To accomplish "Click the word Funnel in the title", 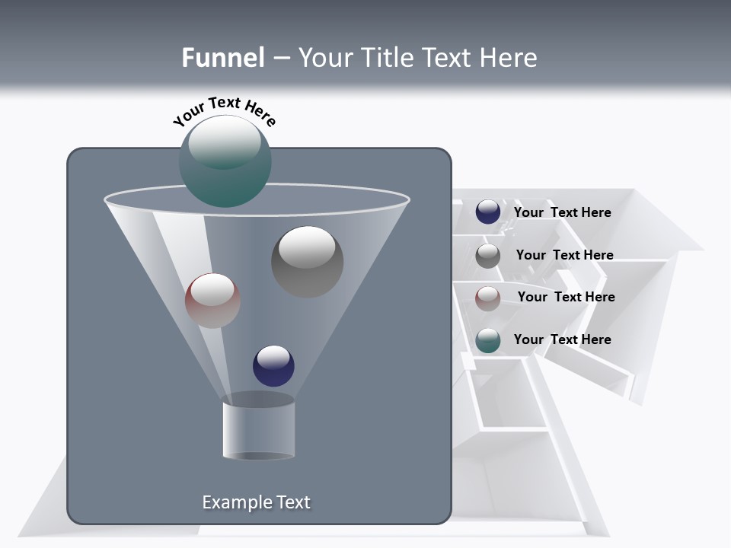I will (x=223, y=58).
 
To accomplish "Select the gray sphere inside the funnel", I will (x=307, y=263).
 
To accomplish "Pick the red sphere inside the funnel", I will (x=212, y=301).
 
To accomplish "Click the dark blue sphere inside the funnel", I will (x=273, y=366).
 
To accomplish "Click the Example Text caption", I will (x=256, y=502).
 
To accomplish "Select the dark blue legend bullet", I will (x=488, y=212).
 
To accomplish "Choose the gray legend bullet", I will (x=488, y=256).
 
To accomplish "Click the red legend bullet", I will (x=488, y=298).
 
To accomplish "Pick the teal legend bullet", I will (x=488, y=340).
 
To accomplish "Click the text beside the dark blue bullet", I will (x=562, y=212).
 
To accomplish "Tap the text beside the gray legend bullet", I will (x=564, y=255).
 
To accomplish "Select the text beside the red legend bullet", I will (x=566, y=297).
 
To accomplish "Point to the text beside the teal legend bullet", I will (x=562, y=339).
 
